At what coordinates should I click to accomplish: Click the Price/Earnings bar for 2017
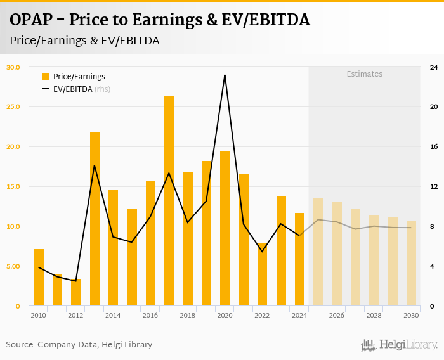point(169,201)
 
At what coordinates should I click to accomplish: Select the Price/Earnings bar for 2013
point(95,219)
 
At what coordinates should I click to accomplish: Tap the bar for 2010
point(39,278)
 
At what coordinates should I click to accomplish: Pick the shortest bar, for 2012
point(76,293)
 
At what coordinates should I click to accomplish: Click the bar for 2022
point(262,275)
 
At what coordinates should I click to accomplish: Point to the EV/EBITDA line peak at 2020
point(225,75)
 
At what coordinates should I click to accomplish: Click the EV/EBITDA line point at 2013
point(95,165)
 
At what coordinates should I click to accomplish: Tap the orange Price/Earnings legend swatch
point(46,77)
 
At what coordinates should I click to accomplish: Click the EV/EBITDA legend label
point(73,89)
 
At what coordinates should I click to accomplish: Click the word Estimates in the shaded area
point(364,74)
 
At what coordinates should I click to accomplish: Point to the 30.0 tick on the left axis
point(13,67)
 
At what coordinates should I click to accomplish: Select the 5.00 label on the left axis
point(13,266)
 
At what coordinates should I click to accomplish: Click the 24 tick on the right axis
point(434,67)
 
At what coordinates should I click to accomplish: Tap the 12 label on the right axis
point(434,187)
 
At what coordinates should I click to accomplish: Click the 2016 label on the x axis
point(150,316)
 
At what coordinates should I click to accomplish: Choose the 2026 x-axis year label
point(336,316)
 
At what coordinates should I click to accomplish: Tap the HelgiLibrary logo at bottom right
point(400,345)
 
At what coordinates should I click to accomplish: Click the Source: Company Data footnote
point(79,345)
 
